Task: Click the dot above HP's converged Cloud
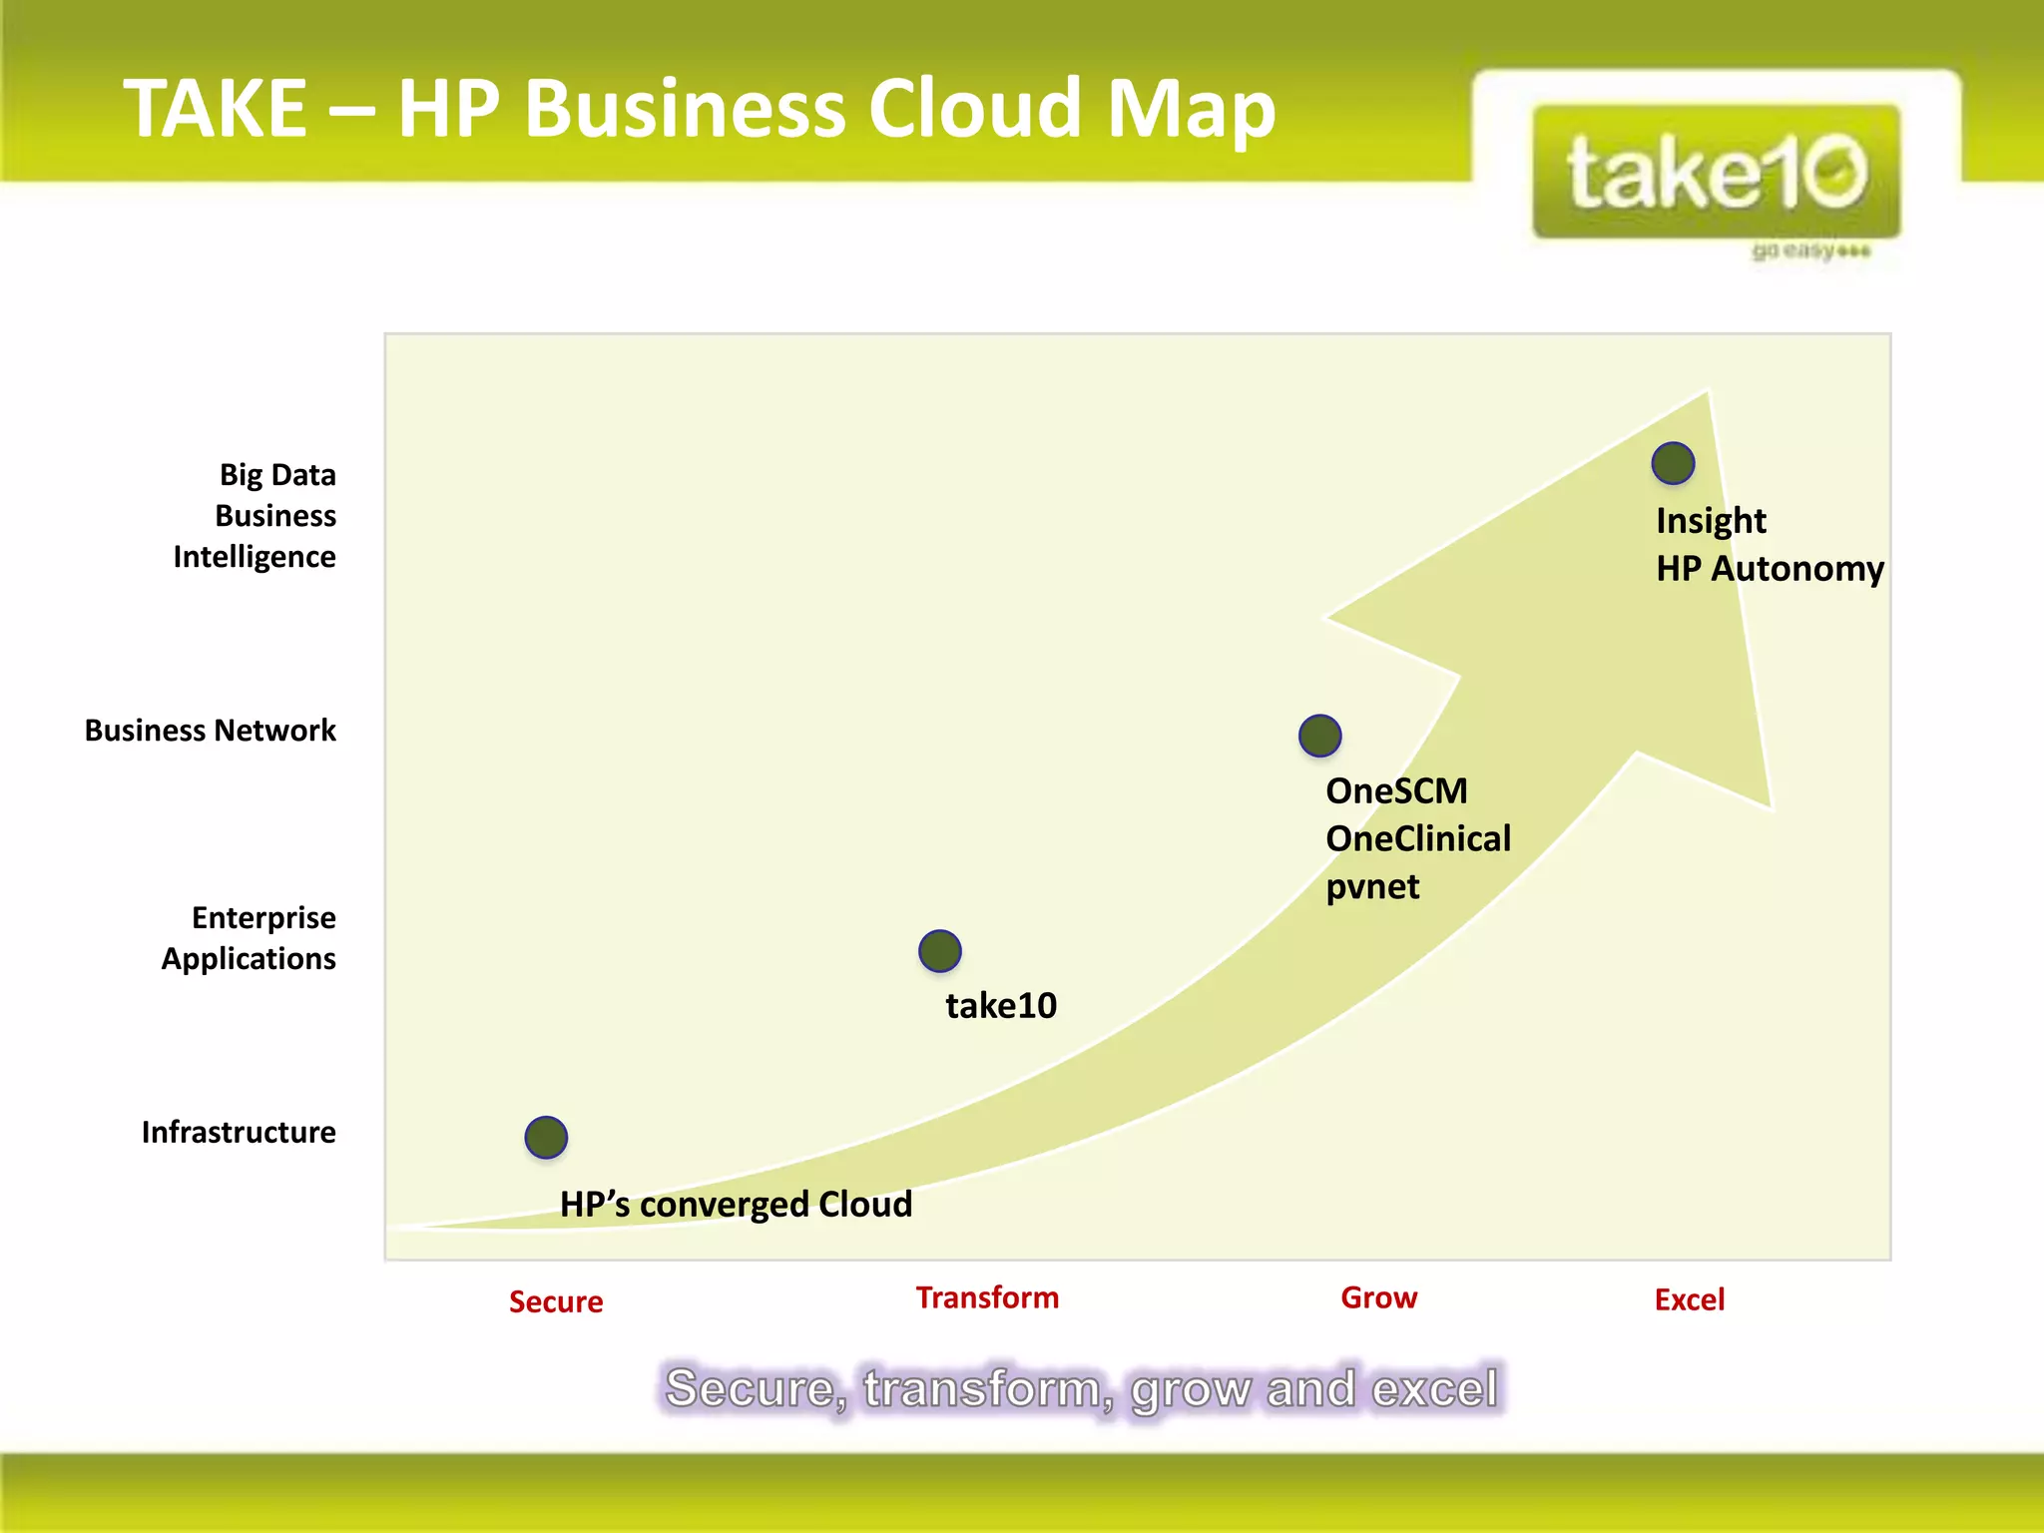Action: click(546, 1137)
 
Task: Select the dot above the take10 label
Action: click(939, 950)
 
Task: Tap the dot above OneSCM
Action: click(1319, 736)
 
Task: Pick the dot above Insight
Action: click(1673, 463)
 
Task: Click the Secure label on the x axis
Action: click(556, 1301)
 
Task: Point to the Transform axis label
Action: click(987, 1297)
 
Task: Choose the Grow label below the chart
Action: click(1378, 1297)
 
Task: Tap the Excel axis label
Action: click(1689, 1299)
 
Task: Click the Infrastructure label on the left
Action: click(239, 1132)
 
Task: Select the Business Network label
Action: click(211, 730)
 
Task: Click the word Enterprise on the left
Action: click(263, 917)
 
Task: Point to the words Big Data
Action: click(277, 474)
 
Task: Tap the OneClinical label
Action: click(1418, 838)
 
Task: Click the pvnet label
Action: click(1372, 886)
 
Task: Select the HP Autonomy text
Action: click(1770, 568)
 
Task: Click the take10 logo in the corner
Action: click(1716, 173)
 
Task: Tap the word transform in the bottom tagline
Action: click(988, 1388)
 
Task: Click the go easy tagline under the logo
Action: click(1810, 251)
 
